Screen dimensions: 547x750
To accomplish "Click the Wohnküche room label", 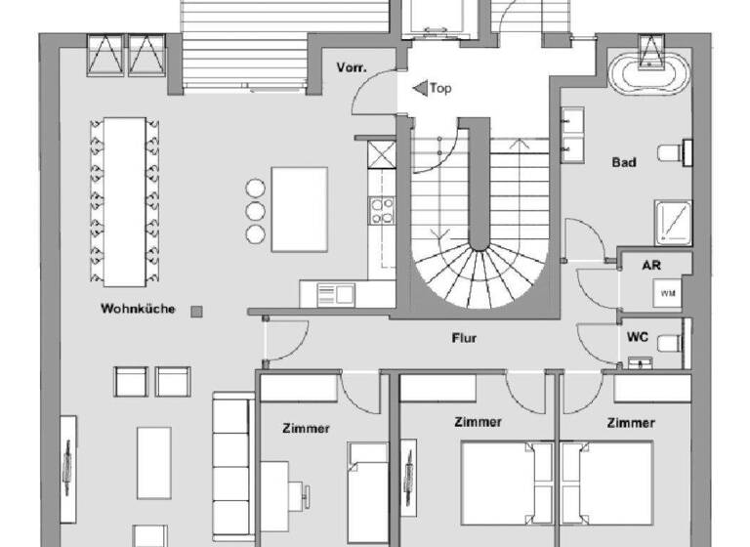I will click(x=138, y=310).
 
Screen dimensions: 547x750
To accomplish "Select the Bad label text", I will click(x=624, y=162).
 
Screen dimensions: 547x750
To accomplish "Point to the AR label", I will click(x=652, y=266).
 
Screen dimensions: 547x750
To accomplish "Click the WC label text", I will click(x=638, y=336).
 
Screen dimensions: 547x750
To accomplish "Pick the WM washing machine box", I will click(x=669, y=293).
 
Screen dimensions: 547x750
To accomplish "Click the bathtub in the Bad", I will click(x=648, y=73).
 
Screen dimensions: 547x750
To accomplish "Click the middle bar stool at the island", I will click(x=256, y=211).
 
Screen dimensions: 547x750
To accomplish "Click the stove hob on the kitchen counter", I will click(x=381, y=211).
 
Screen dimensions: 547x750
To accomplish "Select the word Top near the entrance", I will click(x=441, y=89).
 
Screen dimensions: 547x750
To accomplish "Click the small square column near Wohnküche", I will click(x=196, y=312).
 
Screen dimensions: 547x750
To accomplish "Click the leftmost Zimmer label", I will click(x=306, y=428).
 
